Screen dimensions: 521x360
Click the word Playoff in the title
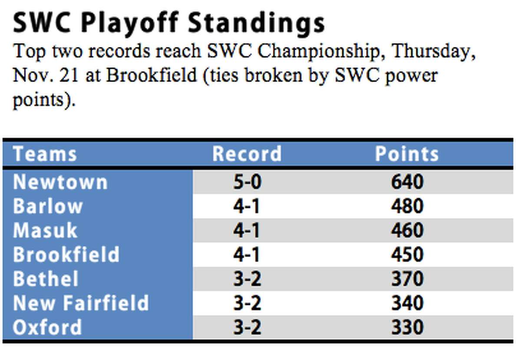(x=130, y=24)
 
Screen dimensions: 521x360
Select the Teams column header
(x=45, y=154)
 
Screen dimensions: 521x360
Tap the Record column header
(x=247, y=154)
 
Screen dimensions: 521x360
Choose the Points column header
(x=407, y=154)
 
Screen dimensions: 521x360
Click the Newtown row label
(x=60, y=182)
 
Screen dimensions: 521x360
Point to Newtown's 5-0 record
(x=247, y=182)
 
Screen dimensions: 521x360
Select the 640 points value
(x=407, y=182)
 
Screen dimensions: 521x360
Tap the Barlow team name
(x=48, y=206)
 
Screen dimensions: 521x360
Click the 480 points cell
(x=407, y=206)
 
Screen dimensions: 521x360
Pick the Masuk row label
(x=45, y=231)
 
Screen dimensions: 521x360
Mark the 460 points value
(x=407, y=231)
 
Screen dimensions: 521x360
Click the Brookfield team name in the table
(x=66, y=254)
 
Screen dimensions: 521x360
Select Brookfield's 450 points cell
(x=407, y=254)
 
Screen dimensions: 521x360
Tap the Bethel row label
(x=46, y=279)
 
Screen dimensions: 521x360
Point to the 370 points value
(x=407, y=279)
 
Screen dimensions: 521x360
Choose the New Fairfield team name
(x=81, y=303)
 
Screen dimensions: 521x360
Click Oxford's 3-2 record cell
(x=247, y=327)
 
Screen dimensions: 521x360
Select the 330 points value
(x=407, y=327)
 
